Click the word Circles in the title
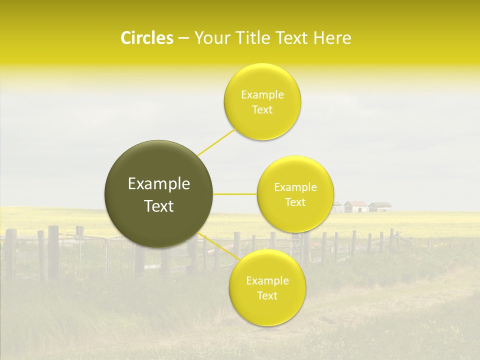[x=146, y=38]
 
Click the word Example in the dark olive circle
[x=159, y=184]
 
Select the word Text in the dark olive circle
[x=159, y=206]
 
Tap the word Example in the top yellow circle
[x=262, y=94]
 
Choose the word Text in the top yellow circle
[x=262, y=109]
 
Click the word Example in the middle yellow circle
[x=295, y=187]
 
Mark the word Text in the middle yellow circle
[x=295, y=202]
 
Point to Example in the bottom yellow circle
[x=267, y=280]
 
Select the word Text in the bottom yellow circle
[x=267, y=295]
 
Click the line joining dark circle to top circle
[x=216, y=142]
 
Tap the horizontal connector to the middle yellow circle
[x=235, y=194]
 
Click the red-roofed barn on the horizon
[x=356, y=206]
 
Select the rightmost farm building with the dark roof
[x=380, y=206]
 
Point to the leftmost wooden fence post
[x=10, y=252]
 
